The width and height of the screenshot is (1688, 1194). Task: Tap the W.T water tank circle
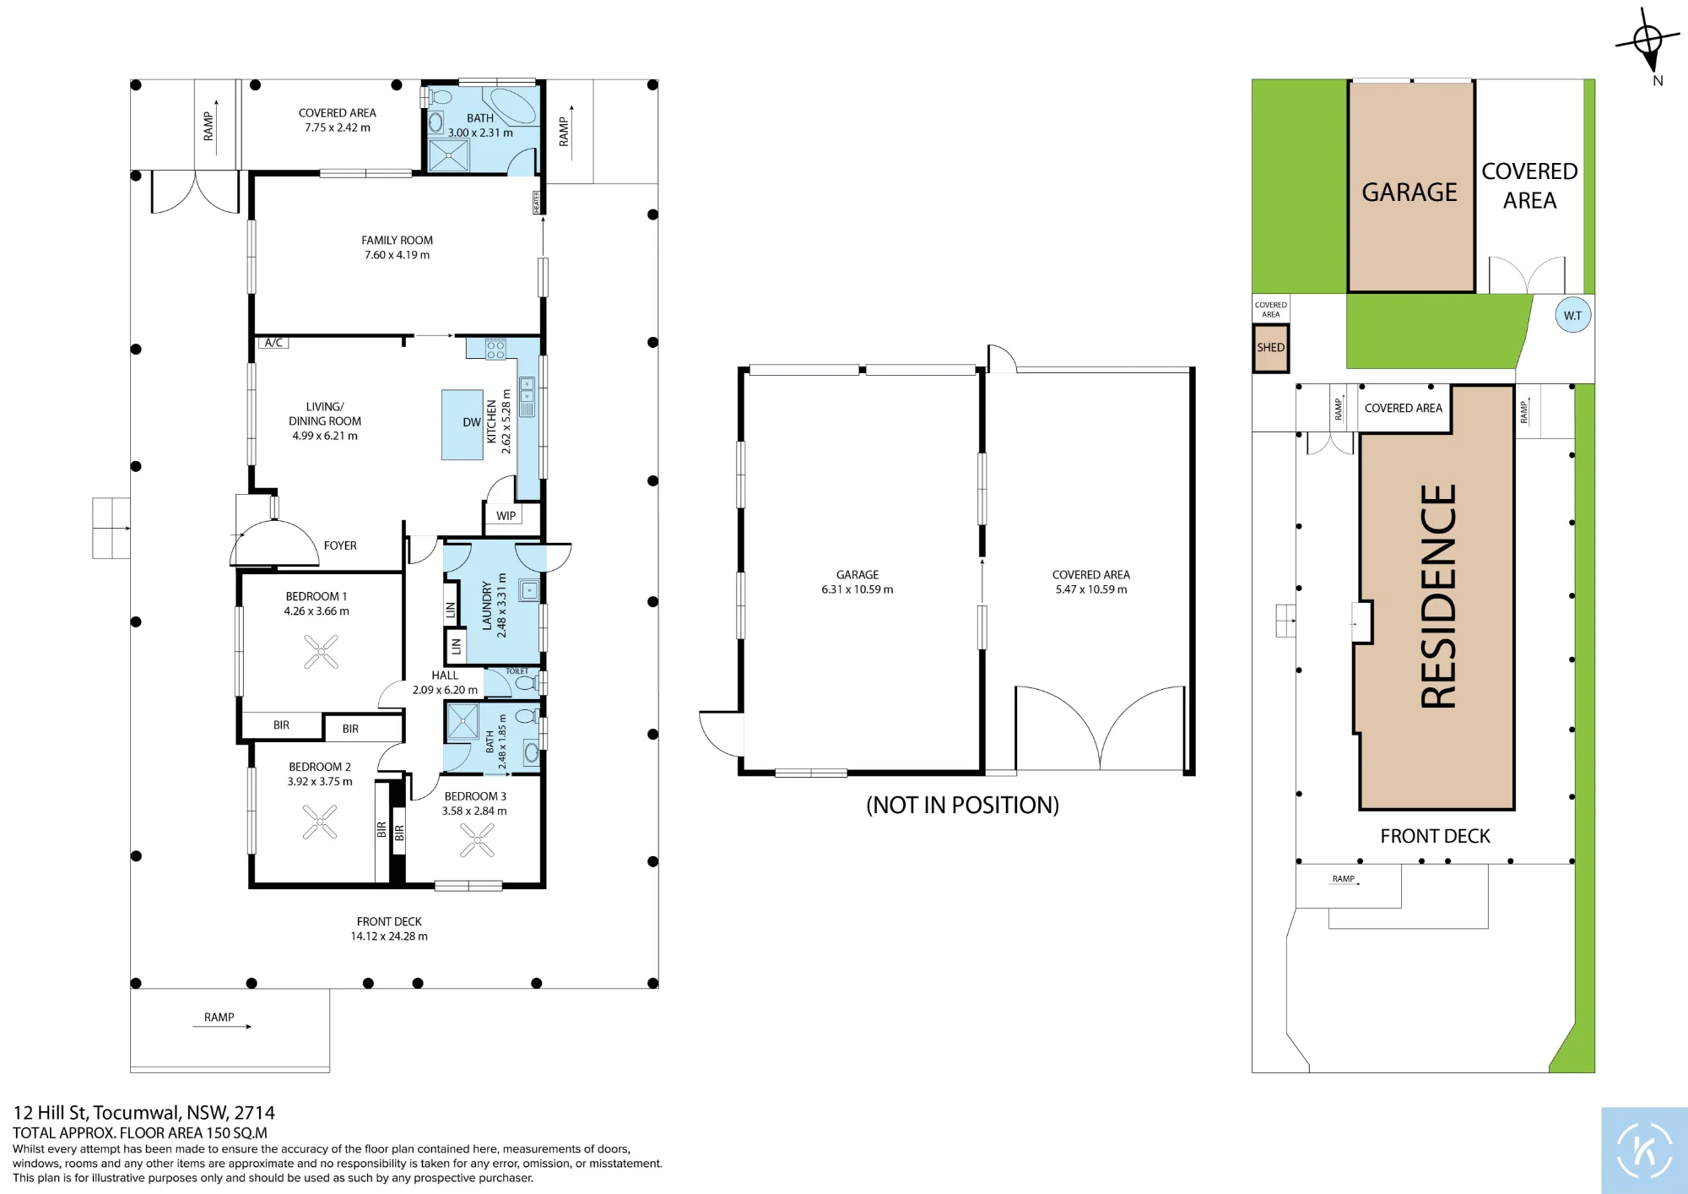(1572, 315)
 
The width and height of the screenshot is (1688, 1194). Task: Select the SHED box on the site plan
(1270, 347)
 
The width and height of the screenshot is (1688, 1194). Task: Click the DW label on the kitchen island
(472, 422)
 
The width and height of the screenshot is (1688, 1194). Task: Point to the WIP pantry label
(506, 516)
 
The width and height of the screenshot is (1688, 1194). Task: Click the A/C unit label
(273, 343)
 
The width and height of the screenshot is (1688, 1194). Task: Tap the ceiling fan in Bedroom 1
(321, 651)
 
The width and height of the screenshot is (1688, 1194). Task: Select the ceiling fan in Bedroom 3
(477, 839)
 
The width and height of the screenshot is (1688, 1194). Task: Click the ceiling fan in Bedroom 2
(320, 822)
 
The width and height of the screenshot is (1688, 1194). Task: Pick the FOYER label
(340, 545)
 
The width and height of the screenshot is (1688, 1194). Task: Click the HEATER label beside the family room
(536, 203)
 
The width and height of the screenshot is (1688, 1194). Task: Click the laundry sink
(528, 590)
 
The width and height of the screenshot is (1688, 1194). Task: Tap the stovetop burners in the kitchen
(495, 349)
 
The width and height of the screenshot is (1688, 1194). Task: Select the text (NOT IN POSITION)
(962, 805)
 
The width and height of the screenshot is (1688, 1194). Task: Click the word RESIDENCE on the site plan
(1438, 596)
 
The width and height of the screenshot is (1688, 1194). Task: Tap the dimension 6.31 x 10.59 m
(858, 589)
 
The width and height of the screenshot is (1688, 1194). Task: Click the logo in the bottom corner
(1644, 1150)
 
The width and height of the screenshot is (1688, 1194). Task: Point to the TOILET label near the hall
(517, 671)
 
